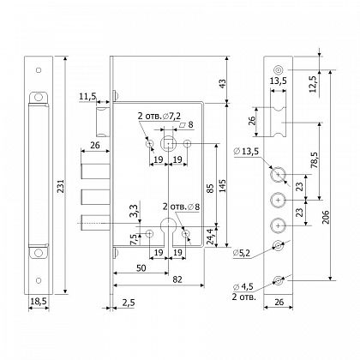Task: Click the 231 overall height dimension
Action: point(61,186)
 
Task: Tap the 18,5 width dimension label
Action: point(39,301)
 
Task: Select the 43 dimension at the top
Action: point(222,83)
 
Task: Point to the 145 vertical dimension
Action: point(222,186)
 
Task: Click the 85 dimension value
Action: point(210,189)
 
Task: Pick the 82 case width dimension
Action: point(177,279)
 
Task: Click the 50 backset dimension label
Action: point(141,267)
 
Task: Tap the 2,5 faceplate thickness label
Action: point(128,303)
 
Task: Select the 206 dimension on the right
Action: point(326,218)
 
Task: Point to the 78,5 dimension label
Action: point(315,159)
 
